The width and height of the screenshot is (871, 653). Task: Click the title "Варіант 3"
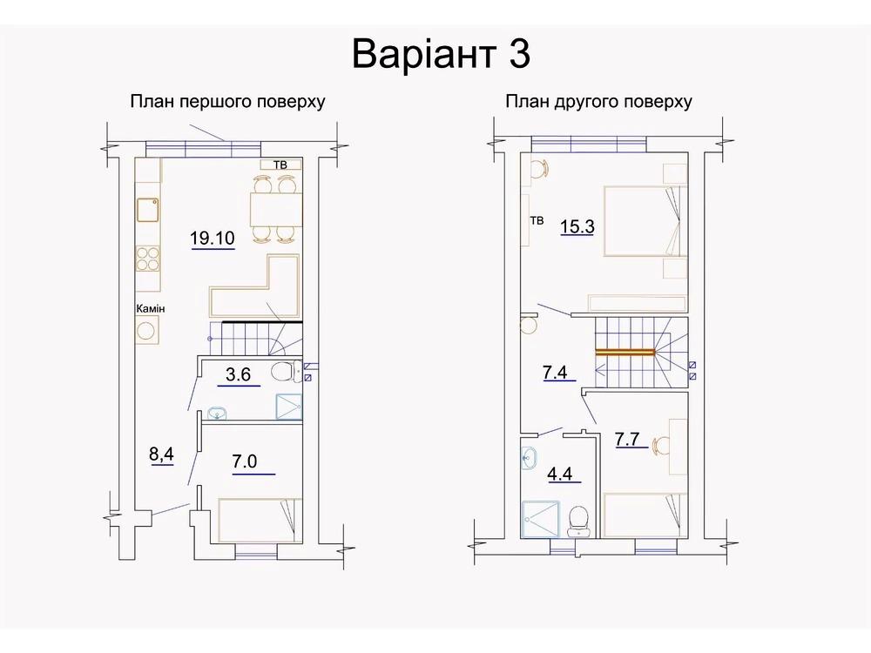click(x=441, y=54)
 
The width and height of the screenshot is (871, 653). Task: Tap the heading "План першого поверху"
click(x=227, y=102)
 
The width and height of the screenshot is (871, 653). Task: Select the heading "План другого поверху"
click(x=598, y=102)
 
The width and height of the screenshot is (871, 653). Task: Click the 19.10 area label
click(x=213, y=239)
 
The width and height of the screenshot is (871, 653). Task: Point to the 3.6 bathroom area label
click(x=239, y=374)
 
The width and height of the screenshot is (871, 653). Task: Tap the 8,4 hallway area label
click(x=161, y=454)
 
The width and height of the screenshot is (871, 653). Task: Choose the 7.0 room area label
click(x=245, y=461)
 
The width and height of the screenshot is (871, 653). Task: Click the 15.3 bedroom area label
click(x=577, y=226)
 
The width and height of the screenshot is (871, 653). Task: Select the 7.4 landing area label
click(x=555, y=372)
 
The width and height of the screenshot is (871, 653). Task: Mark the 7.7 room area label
click(x=627, y=439)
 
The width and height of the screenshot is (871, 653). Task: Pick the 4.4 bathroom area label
click(x=560, y=475)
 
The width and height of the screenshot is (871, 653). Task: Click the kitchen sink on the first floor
click(x=148, y=210)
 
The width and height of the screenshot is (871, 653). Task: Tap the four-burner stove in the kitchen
click(x=148, y=259)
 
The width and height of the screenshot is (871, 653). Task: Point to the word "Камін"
click(x=151, y=308)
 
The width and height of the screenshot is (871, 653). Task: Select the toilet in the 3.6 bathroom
click(x=285, y=372)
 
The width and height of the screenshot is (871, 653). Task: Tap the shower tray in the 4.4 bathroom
click(x=541, y=520)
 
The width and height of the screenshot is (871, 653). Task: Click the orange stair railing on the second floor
click(x=625, y=352)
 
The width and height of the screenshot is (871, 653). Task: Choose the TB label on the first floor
click(x=280, y=165)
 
